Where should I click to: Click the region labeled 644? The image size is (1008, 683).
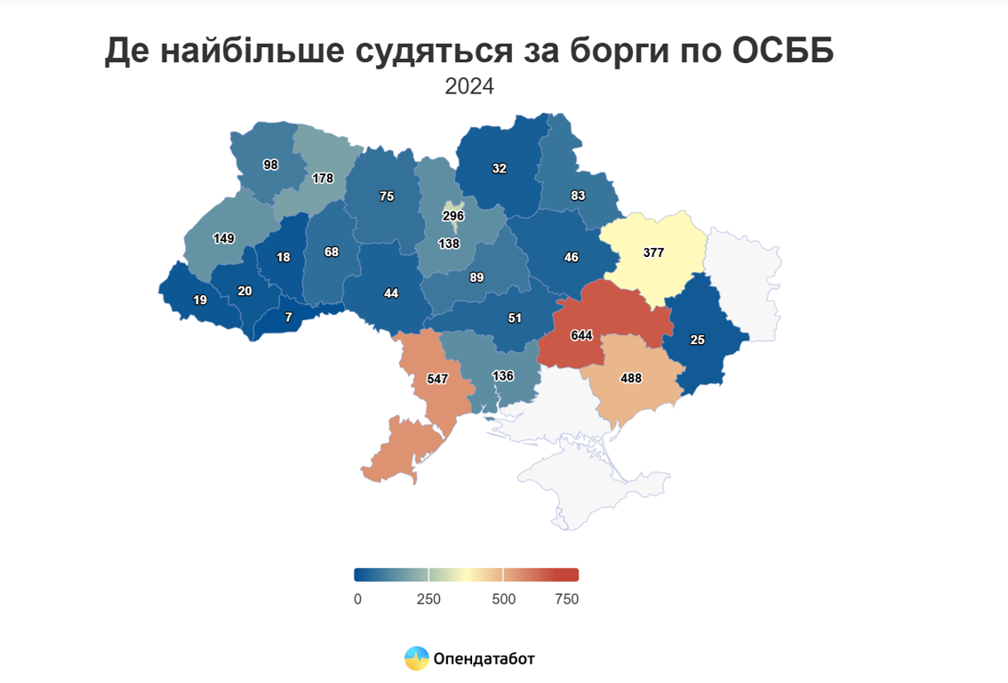581,335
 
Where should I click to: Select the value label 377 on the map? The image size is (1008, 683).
653,253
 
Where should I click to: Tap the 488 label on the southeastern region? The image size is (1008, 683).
631,378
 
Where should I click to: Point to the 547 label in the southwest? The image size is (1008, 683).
437,379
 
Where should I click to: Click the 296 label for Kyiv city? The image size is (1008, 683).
454,216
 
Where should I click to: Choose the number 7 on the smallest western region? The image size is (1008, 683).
288,317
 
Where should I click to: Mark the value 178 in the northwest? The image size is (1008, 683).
323,178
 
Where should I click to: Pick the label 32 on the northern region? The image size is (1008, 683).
500,168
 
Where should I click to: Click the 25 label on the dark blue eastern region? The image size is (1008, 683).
698,340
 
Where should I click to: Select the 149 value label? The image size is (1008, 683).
224,238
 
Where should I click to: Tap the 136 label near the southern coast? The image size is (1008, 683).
503,376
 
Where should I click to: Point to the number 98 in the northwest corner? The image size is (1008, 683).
271,165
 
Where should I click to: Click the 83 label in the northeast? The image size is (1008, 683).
579,196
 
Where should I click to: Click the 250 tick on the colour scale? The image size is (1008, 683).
428,599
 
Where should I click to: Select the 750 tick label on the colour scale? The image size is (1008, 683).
565,599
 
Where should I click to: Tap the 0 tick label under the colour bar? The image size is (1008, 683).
357,599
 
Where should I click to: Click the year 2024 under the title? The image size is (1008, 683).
468,87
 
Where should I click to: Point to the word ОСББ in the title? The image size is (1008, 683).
782,52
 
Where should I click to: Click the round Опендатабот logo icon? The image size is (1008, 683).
417,658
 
